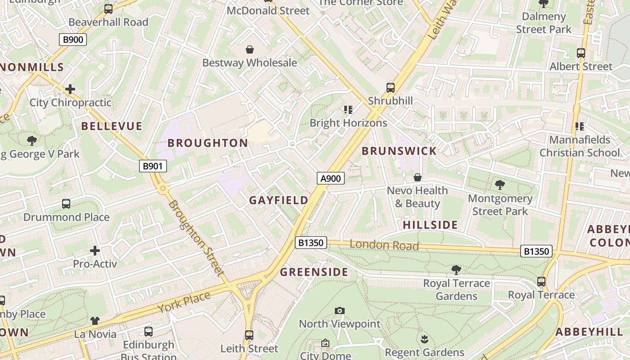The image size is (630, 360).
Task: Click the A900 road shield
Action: point(330,178)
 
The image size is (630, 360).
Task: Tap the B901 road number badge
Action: point(152,166)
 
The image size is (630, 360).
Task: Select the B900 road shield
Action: point(72,40)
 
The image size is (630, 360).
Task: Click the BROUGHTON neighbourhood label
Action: point(207,143)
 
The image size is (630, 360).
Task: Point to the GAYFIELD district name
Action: point(279,200)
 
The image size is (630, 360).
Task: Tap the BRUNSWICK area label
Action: point(399,151)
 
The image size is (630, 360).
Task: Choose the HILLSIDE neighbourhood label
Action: point(430,225)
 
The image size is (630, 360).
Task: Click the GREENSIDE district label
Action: point(314,272)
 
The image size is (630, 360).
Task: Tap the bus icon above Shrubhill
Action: point(390,88)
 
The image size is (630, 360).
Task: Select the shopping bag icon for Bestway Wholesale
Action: point(249,49)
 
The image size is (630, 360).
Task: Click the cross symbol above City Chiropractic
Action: point(70,89)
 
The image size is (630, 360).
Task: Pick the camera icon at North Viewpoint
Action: point(340,310)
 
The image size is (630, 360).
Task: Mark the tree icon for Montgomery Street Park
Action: point(499,184)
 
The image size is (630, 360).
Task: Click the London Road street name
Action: point(384,245)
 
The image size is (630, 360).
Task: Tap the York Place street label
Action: point(184,302)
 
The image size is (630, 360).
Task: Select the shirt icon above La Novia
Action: point(95,321)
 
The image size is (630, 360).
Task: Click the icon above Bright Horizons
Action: point(348,109)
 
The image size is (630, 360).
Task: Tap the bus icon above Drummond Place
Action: point(66,204)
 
